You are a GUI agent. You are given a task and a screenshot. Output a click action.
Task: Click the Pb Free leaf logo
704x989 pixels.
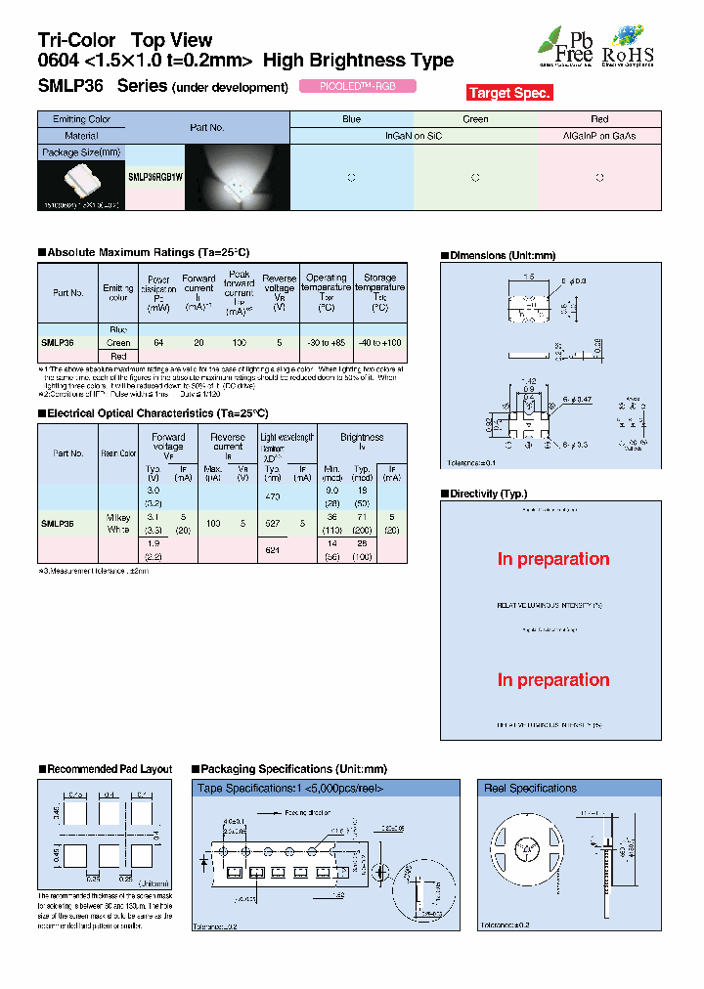[x=565, y=46]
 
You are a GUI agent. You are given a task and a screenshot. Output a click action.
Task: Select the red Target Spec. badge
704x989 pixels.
[x=509, y=93]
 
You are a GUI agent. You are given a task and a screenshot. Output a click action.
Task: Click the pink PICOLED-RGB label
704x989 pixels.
[x=356, y=86]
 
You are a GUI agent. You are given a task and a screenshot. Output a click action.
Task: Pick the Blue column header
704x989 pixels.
[x=352, y=119]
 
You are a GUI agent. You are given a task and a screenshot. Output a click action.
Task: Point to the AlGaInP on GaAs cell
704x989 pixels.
[x=599, y=136]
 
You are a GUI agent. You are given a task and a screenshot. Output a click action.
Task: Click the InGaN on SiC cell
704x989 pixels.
[x=414, y=136]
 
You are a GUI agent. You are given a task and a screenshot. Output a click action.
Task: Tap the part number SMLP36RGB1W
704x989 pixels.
[x=154, y=178]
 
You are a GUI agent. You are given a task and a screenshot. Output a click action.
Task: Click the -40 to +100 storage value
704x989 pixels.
[x=379, y=343]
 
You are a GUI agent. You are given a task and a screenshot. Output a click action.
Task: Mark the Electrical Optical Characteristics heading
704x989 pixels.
[x=156, y=413]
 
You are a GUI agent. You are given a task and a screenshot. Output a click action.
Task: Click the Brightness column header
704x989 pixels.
[x=362, y=438]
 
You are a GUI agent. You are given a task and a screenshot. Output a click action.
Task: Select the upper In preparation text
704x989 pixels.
[x=552, y=559]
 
